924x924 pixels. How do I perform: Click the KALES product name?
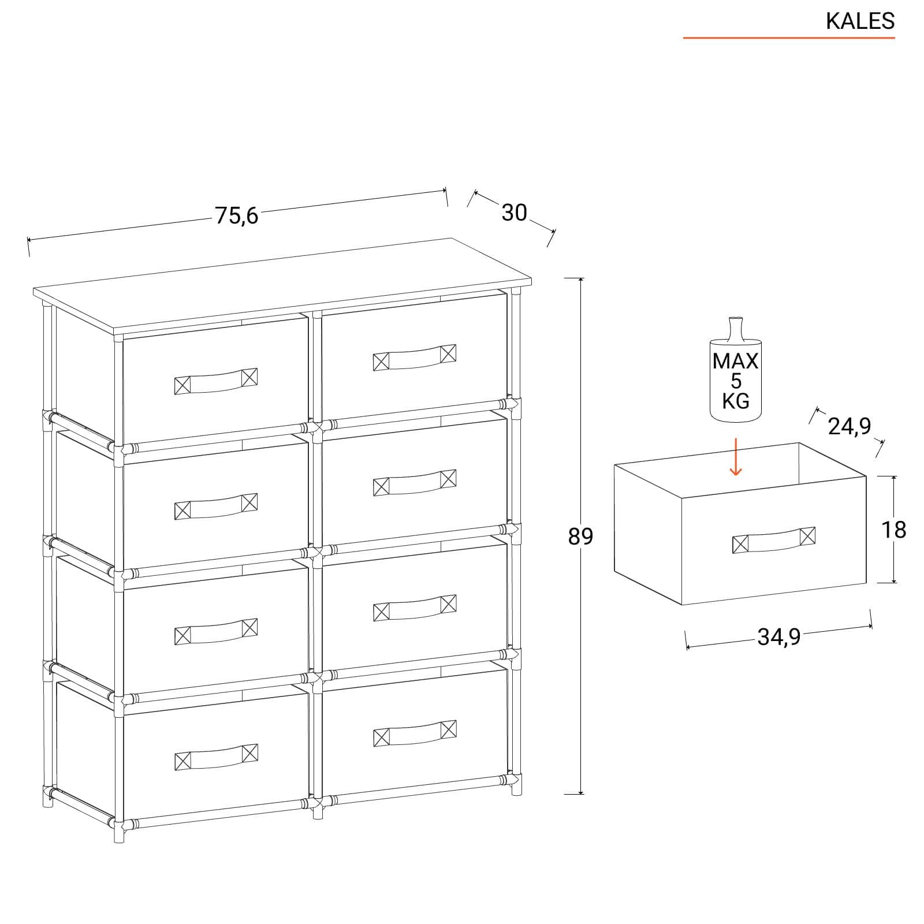coord(860,21)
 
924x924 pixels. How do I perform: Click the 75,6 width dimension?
coord(237,215)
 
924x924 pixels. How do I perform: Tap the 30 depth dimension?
coord(514,213)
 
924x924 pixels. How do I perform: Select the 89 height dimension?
coord(580,536)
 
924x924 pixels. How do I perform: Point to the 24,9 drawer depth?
coord(849,426)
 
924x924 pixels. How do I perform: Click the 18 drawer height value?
coord(893,530)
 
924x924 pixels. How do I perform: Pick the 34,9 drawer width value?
coord(779,636)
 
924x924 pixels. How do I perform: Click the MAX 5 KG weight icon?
coord(735,370)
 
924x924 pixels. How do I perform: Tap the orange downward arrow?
coord(735,457)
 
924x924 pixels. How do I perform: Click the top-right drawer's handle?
coord(415,357)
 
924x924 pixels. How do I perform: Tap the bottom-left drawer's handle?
coord(215,757)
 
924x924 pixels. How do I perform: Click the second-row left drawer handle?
coord(215,506)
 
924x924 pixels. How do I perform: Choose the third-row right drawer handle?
coord(415,608)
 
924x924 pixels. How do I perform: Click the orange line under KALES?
coord(789,38)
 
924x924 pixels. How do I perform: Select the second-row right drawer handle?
coord(415,483)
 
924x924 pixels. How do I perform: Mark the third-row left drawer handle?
coord(215,632)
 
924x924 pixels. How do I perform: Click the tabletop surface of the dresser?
coord(282,285)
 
